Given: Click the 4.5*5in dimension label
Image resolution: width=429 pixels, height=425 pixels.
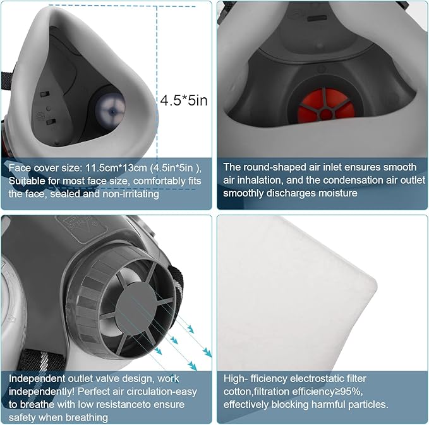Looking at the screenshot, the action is pos(184,100).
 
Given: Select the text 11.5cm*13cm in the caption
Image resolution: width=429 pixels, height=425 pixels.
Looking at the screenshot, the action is pos(116,167).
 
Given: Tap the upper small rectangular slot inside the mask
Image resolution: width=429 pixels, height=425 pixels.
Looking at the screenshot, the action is pos(45,94).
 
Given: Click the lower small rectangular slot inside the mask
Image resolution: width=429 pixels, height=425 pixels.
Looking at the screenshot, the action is pos(51,121).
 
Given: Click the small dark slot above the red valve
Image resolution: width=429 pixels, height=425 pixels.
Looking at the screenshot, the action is pos(317,18).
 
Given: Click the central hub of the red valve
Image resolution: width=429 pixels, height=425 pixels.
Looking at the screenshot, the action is pos(325,114).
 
